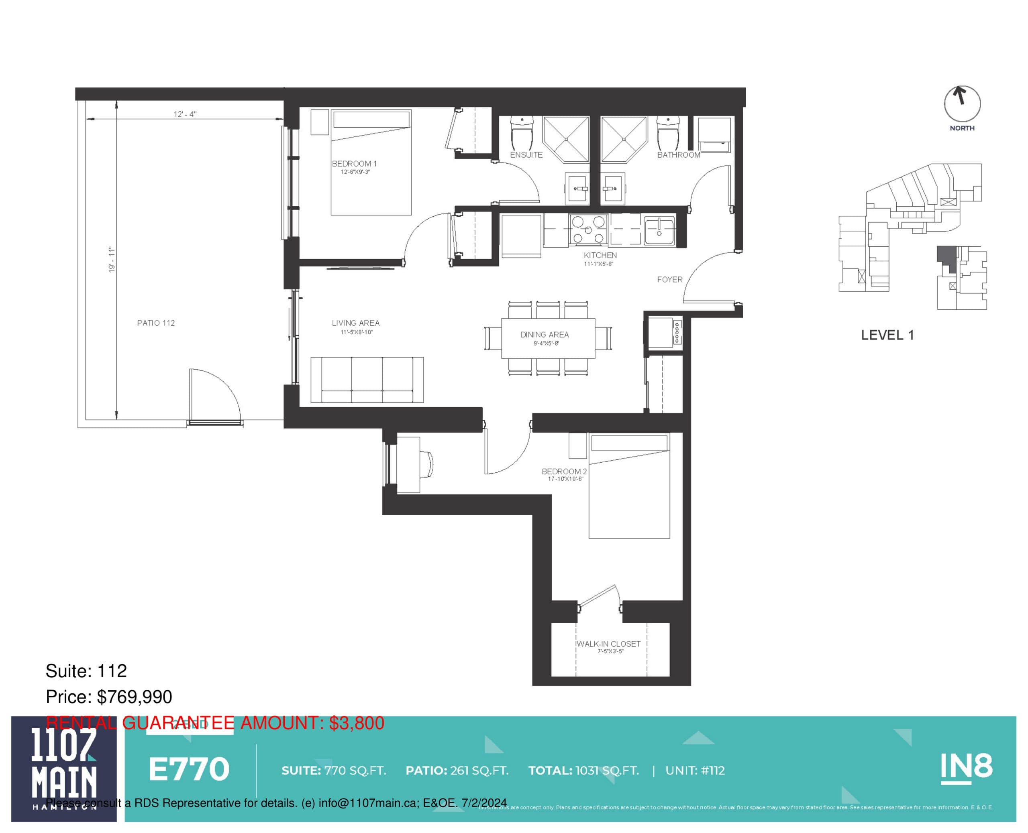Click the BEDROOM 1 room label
(x=354, y=164)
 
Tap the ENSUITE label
(x=526, y=155)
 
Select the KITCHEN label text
(x=600, y=255)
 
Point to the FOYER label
(x=669, y=279)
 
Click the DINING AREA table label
(x=545, y=335)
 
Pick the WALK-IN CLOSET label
(x=608, y=644)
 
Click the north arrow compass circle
(x=962, y=103)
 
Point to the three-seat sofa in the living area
(x=367, y=380)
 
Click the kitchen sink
(x=659, y=231)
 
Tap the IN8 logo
(x=966, y=767)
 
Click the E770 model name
(x=189, y=769)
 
